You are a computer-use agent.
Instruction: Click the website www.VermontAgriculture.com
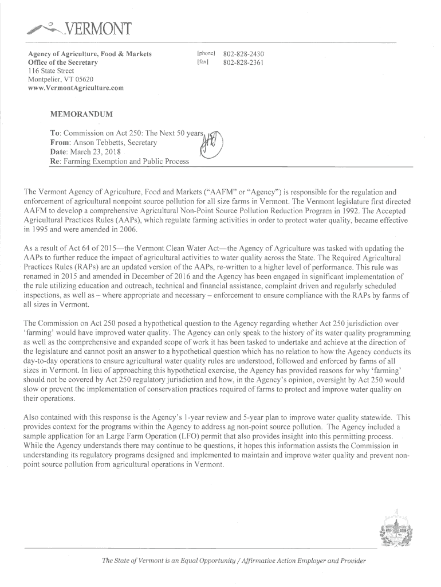click(x=76, y=88)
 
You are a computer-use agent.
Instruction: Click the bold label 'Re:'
click(x=56, y=162)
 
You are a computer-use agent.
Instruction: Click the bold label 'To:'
click(x=56, y=133)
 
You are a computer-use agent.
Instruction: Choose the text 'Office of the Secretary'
click(x=63, y=62)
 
